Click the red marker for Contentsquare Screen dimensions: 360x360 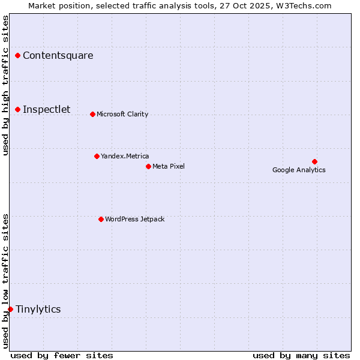tap(18, 56)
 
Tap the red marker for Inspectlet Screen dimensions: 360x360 tap(18, 109)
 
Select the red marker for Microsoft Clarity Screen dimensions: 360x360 tap(92, 114)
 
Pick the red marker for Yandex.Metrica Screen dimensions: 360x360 tap(97, 156)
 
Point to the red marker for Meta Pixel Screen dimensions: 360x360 tap(148, 166)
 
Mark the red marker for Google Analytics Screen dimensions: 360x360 tap(314, 161)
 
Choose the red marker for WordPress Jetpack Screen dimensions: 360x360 tap(101, 219)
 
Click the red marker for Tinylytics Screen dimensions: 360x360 tap(10, 309)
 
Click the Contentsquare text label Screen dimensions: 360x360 tap(58, 56)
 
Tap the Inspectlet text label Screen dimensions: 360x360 tap(47, 109)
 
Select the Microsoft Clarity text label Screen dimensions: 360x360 tap(122, 114)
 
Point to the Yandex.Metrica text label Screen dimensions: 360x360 tap(125, 156)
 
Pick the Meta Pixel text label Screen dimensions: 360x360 tap(169, 166)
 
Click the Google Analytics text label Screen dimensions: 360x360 tap(299, 170)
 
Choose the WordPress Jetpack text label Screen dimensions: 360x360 tap(134, 219)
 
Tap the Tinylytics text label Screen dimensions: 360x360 tap(38, 309)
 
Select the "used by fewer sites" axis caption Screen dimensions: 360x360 tap(62, 355)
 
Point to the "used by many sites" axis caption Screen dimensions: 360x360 tap(301, 355)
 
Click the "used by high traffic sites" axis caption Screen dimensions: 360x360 tap(6, 85)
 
